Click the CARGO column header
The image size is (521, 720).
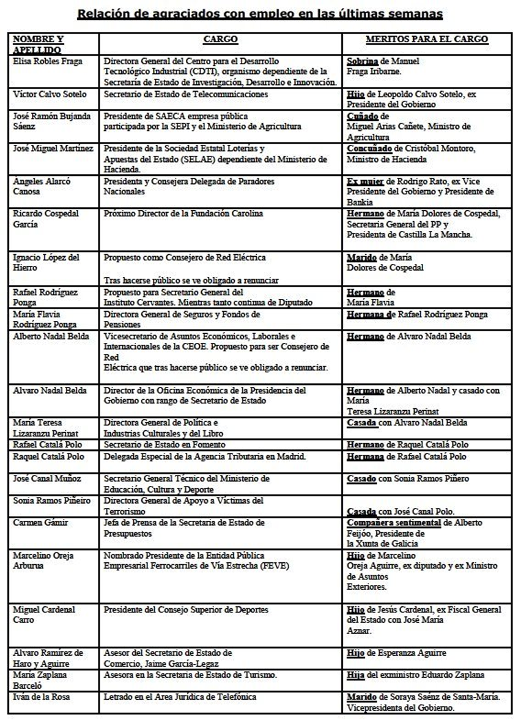(x=220, y=39)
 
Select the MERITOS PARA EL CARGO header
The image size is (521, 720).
(x=426, y=39)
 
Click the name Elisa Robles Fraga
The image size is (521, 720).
(x=48, y=61)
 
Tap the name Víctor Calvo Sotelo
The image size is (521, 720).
(x=50, y=94)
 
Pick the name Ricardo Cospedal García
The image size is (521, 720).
(x=46, y=219)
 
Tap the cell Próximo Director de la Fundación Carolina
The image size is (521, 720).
(x=183, y=214)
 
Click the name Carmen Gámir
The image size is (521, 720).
(x=40, y=523)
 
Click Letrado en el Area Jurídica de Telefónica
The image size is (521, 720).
(x=180, y=696)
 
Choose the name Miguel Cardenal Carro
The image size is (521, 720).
(x=45, y=614)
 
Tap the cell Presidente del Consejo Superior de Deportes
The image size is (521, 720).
(x=186, y=609)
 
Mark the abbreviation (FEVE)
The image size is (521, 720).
(x=278, y=565)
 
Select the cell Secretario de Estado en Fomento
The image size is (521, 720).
(x=164, y=444)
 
